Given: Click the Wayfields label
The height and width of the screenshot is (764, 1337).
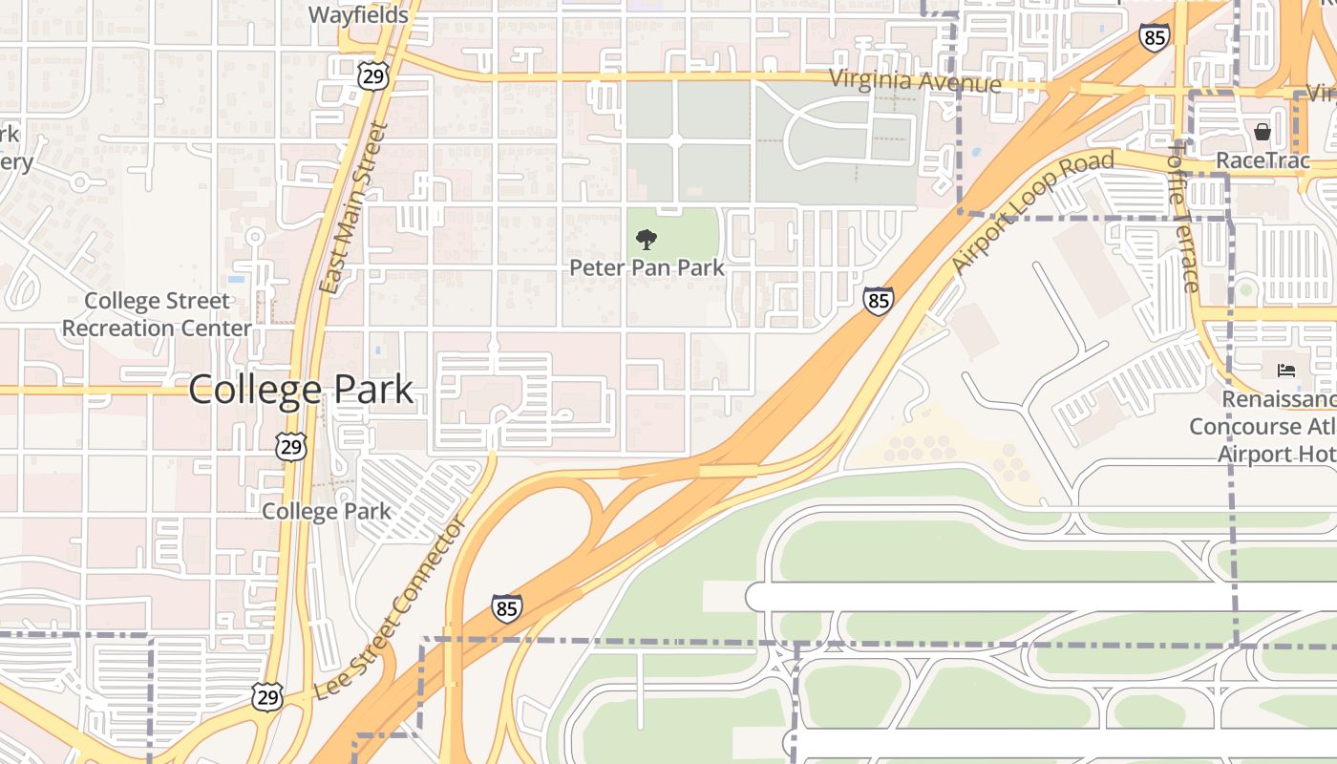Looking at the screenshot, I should pos(359,15).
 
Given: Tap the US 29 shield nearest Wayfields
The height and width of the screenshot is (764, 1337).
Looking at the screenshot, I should pos(372,75).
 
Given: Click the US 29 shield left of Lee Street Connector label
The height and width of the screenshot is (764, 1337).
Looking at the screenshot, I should pos(267,695).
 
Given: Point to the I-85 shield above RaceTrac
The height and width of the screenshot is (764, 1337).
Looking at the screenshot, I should pos(1155,38).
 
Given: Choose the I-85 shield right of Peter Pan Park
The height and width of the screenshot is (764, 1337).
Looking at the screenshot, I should pos(879,300).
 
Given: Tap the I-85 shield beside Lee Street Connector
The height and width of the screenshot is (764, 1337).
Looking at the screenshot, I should pos(507,607).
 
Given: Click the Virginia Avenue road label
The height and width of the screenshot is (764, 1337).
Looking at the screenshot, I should pos(916,81).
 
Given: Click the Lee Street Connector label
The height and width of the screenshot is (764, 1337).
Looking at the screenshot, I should pos(391,607).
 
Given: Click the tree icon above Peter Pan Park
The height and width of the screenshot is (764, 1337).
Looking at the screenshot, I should pos(647,239).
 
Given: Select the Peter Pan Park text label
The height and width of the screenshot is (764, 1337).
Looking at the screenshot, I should pos(647,268).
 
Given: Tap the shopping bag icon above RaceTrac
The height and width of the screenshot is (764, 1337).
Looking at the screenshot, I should pos(1263,132).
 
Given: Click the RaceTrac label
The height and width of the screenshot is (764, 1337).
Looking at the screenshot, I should pos(1263,160).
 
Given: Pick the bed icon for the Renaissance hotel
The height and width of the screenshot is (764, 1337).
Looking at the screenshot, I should pos(1285,371).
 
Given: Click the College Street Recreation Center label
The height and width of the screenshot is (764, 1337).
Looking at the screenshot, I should pos(157,314).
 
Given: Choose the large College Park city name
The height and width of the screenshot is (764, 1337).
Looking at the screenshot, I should pos(301,390).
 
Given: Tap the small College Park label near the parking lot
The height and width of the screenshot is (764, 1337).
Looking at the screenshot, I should pos(327,511).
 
